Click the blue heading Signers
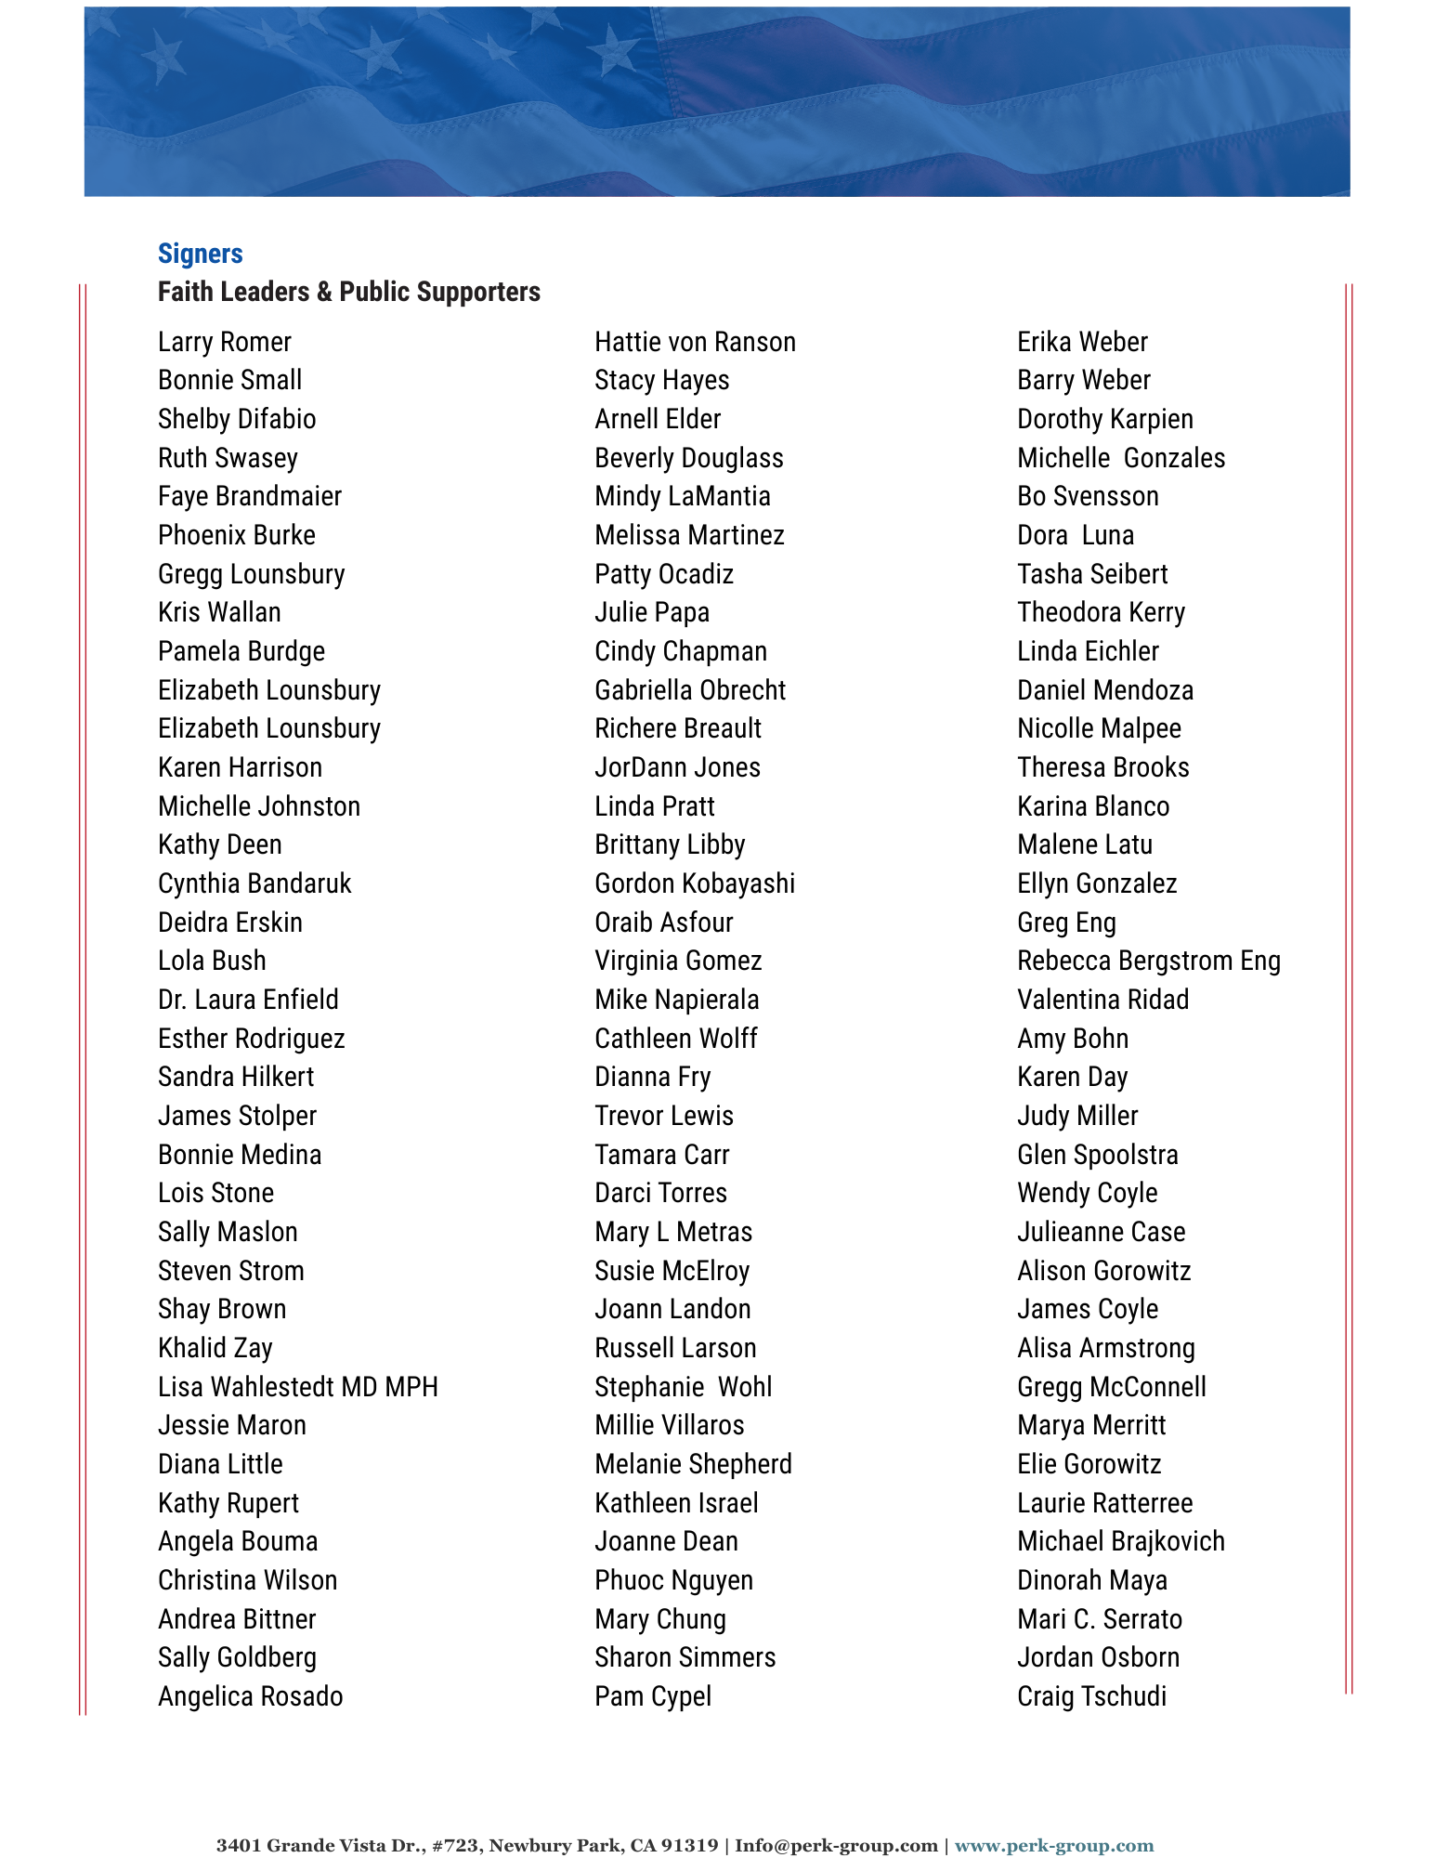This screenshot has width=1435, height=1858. (200, 254)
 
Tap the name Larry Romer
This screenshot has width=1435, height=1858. (224, 342)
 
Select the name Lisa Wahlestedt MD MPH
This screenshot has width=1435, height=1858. (297, 1387)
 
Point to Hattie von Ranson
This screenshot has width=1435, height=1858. (695, 342)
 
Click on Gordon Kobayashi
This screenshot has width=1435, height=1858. (695, 883)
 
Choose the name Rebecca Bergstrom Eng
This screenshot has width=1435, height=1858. (1148, 961)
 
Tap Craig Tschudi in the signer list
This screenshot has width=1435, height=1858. (1091, 1696)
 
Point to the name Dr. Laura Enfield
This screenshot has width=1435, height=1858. (248, 1000)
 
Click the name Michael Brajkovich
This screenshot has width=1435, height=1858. (1120, 1541)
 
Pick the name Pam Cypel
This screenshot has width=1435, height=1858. (653, 1696)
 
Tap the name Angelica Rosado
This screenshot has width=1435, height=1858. (250, 1696)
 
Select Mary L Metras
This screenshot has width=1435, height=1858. (673, 1232)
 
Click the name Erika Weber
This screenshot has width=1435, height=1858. (1082, 342)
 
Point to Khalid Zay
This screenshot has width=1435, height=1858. (215, 1348)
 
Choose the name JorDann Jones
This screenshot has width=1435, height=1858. (677, 767)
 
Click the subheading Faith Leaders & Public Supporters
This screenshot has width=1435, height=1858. (348, 292)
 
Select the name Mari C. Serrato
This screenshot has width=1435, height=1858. (1100, 1619)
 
